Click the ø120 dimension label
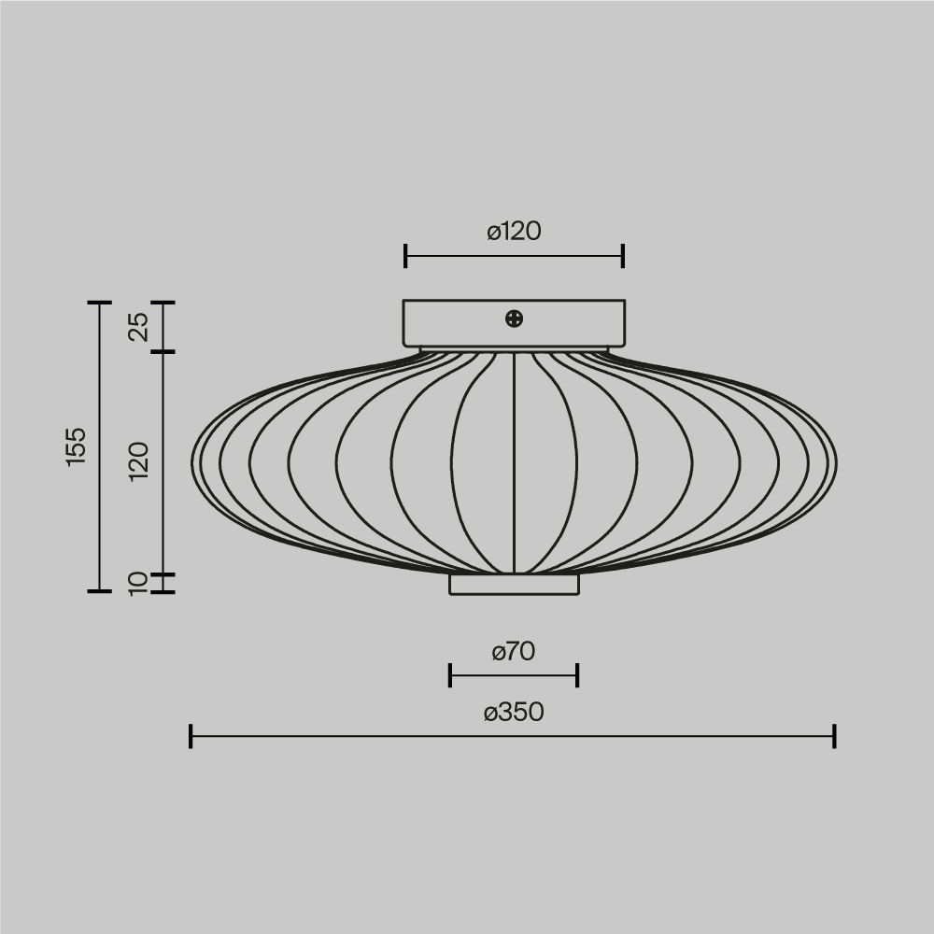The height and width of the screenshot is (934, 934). pyautogui.click(x=514, y=232)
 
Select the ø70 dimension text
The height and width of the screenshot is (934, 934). pyautogui.click(x=514, y=652)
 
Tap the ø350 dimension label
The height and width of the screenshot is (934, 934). pyautogui.click(x=514, y=713)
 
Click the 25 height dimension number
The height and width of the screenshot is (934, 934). pyautogui.click(x=138, y=327)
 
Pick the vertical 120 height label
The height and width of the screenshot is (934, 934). pyautogui.click(x=138, y=462)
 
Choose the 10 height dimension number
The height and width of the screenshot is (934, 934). pyautogui.click(x=138, y=584)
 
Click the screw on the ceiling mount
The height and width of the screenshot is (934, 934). pyautogui.click(x=514, y=319)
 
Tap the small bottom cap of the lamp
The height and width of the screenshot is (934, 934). pyautogui.click(x=514, y=585)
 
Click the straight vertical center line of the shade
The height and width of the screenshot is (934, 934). pyautogui.click(x=514, y=467)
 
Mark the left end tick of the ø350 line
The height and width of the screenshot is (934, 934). pyautogui.click(x=191, y=736)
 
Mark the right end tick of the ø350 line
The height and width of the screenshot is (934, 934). pyautogui.click(x=834, y=736)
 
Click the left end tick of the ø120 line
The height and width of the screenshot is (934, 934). pyautogui.click(x=405, y=255)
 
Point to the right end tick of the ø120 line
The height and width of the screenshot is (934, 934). pyautogui.click(x=623, y=255)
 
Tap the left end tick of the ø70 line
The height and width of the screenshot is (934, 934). pyautogui.click(x=450, y=675)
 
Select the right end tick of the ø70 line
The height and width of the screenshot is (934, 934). pyautogui.click(x=577, y=675)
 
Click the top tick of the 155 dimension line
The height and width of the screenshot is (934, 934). pyautogui.click(x=99, y=303)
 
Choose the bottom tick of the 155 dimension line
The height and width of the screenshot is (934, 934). pyautogui.click(x=99, y=591)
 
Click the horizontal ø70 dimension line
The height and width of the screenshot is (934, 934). pyautogui.click(x=514, y=675)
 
